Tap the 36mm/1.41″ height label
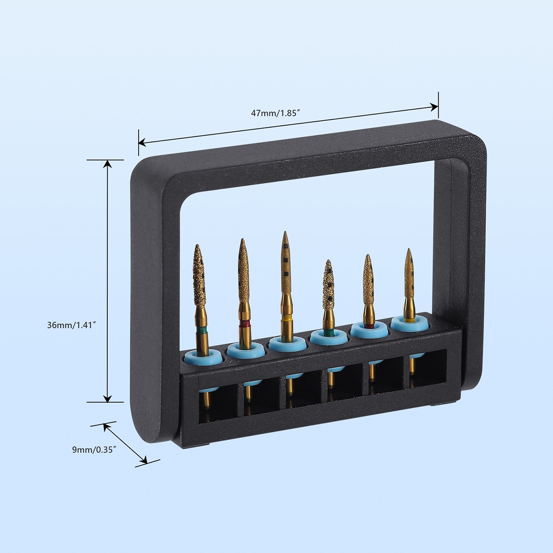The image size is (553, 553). coord(71,325)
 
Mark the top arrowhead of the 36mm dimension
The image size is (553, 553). coord(107,164)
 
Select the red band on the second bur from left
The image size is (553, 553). coord(244,324)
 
